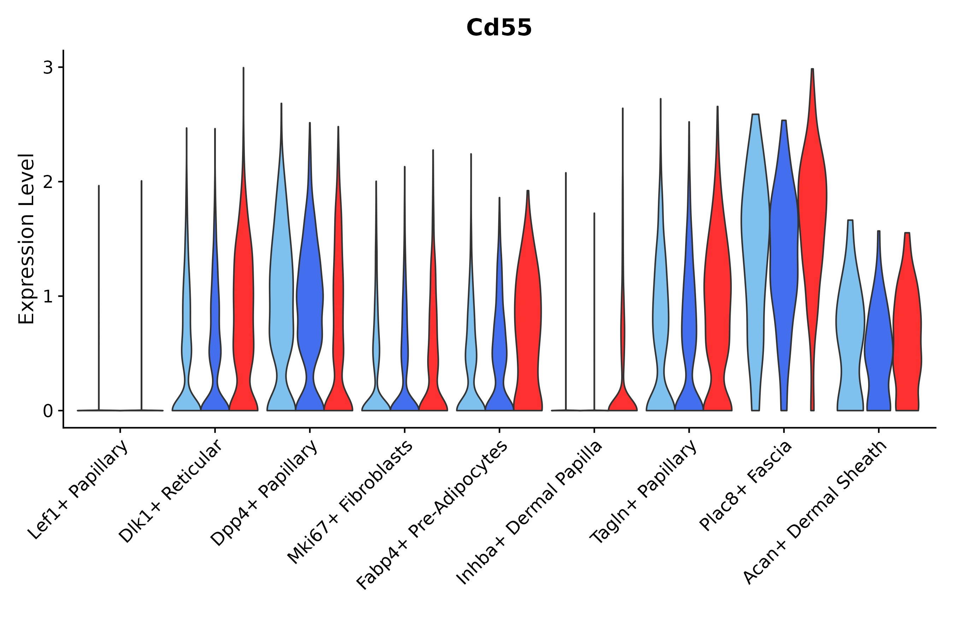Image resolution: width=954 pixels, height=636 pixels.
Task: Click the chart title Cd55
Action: [499, 28]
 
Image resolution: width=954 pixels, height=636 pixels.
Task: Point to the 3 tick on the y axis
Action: [48, 67]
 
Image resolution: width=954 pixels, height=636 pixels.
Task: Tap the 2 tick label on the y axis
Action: [48, 182]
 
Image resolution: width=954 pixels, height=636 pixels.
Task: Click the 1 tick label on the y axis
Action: [48, 296]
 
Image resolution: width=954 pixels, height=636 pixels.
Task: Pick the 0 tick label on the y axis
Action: [48, 411]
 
